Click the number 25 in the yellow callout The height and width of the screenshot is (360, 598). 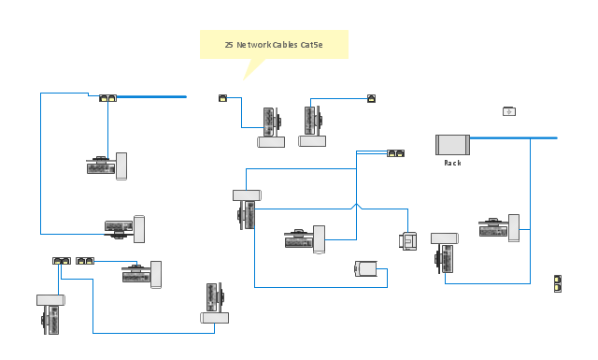229,45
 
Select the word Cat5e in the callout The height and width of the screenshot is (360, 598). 311,45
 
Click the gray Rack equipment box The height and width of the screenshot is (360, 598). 452,145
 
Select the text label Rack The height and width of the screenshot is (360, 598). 452,163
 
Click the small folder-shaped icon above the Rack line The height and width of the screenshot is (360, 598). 509,111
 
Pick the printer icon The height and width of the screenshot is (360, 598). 407,241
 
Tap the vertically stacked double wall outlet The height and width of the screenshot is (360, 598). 558,283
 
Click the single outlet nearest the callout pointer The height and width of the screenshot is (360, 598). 222,98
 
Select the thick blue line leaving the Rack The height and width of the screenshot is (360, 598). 513,137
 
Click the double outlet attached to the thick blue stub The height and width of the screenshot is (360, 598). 108,98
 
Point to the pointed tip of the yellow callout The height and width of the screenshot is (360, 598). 243,80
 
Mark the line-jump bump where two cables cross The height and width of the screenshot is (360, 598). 357,206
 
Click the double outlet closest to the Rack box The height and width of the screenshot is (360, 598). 396,153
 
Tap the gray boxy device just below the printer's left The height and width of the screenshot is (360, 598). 365,268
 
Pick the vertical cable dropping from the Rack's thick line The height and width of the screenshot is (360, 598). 530,210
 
